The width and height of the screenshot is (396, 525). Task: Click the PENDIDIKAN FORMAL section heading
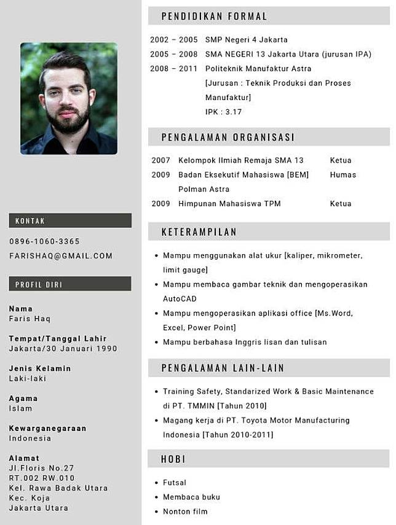214,17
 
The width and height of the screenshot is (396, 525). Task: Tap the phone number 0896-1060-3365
44,241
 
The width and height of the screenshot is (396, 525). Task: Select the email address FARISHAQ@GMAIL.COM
61,256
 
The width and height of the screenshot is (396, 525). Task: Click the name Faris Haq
30,319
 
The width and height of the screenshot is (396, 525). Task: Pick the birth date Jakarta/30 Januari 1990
63,349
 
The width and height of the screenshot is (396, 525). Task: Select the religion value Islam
20,408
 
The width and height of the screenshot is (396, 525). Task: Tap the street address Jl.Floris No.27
41,468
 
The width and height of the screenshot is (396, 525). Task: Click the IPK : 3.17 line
223,112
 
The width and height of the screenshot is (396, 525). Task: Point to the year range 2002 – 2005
173,40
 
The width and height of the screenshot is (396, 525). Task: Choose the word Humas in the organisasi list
343,175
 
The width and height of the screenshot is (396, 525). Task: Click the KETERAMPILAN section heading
199,232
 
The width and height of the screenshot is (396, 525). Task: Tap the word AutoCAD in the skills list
180,298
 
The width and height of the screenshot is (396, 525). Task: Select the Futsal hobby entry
175,483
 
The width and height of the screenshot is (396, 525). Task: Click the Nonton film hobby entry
185,511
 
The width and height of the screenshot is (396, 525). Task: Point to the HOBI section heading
173,459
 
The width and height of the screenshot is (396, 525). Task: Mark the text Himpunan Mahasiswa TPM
229,204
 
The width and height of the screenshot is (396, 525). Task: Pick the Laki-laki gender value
27,378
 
